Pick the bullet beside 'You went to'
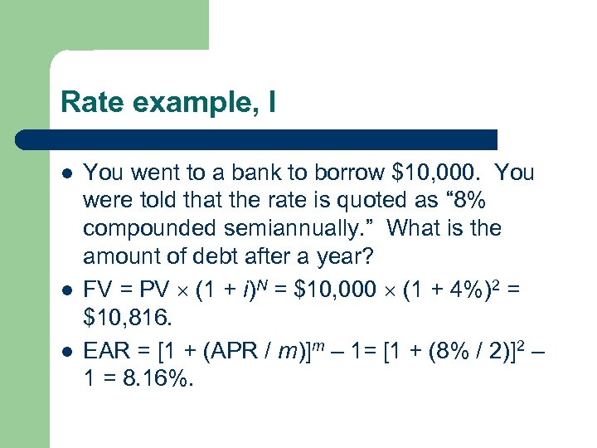66,173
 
